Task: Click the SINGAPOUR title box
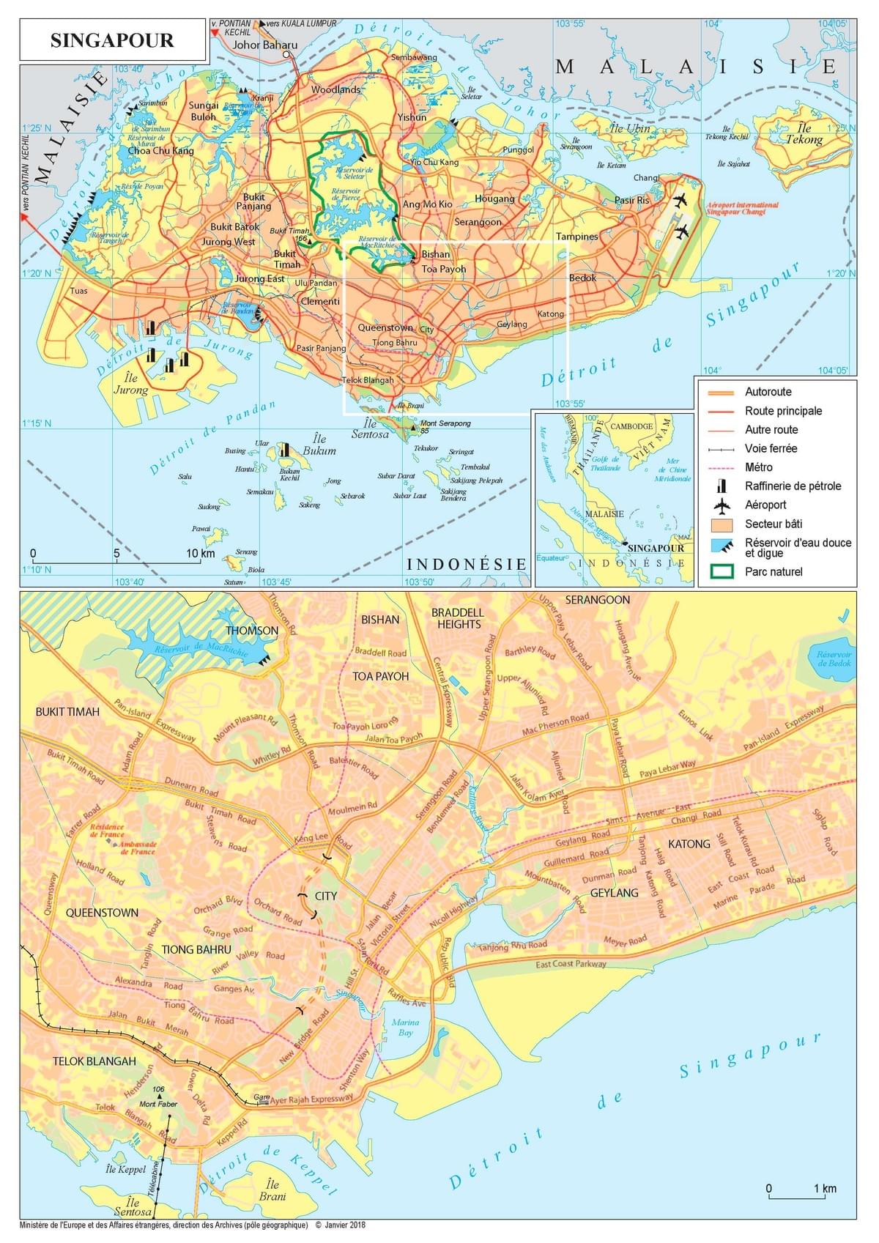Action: [x=112, y=40]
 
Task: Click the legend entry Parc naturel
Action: [x=774, y=571]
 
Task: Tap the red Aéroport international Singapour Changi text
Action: [x=742, y=208]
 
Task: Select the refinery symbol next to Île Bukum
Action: [x=284, y=449]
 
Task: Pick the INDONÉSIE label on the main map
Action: [x=467, y=563]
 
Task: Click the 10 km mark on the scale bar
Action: [x=200, y=553]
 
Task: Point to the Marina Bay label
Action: [x=405, y=1027]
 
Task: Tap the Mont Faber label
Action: [x=157, y=1103]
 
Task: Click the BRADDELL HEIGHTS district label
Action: [x=458, y=618]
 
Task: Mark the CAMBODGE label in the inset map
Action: [x=631, y=426]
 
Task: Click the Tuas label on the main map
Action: [x=78, y=291]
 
